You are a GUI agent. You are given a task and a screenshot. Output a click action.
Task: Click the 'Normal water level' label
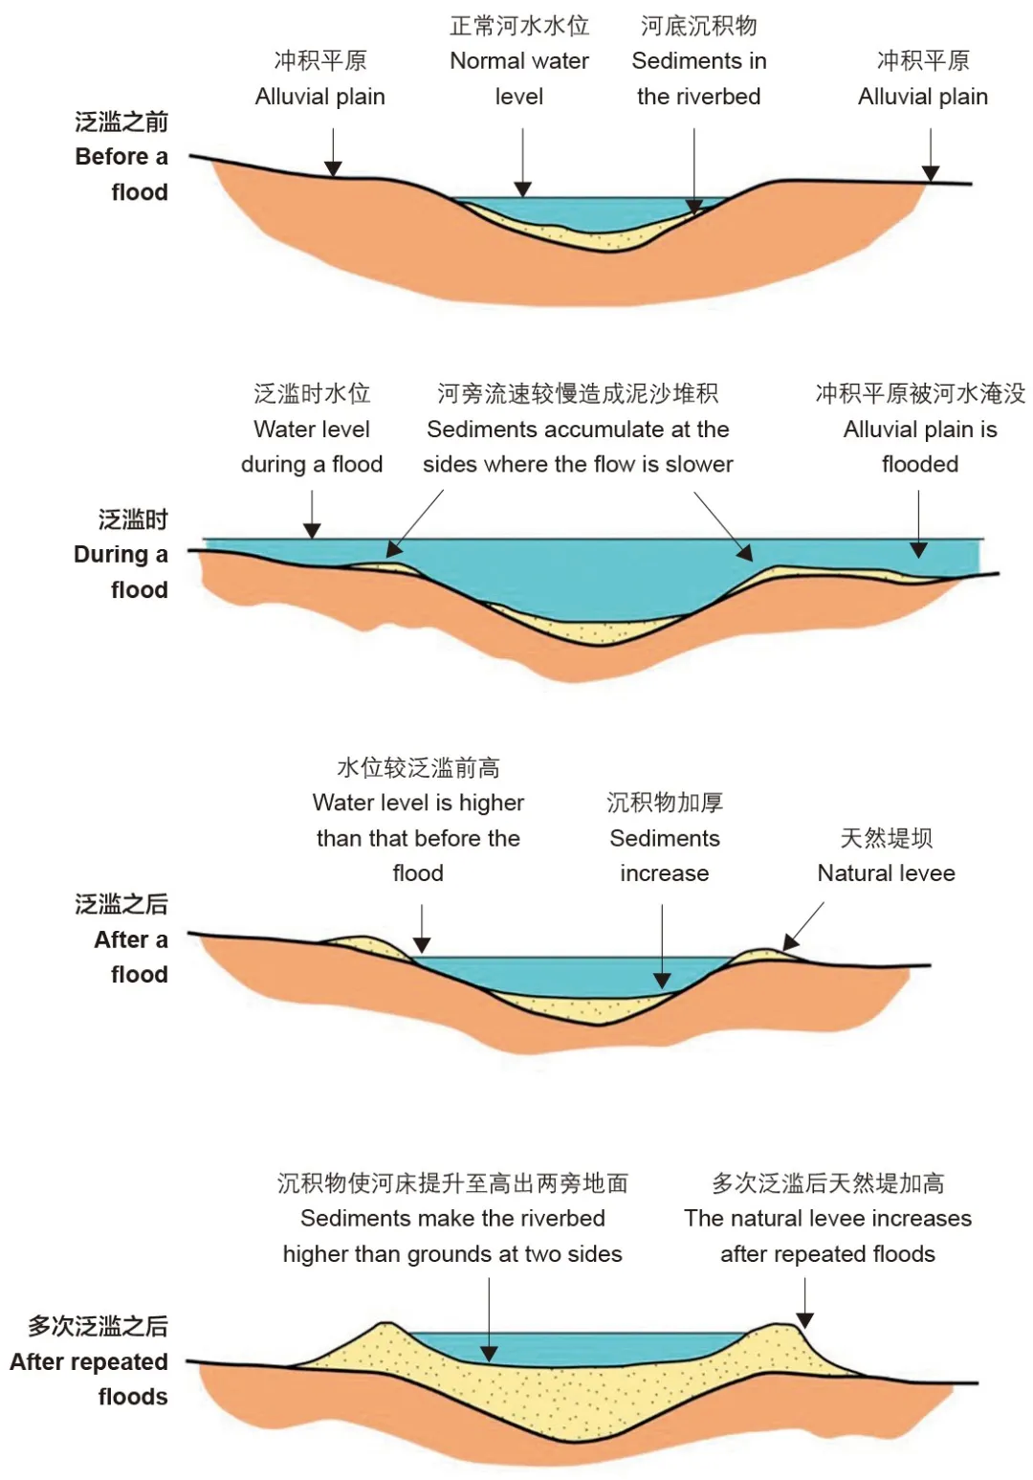coord(519,78)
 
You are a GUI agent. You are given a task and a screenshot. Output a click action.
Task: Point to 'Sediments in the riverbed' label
coord(698,78)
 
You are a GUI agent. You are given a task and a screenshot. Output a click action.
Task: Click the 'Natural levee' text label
coord(886,873)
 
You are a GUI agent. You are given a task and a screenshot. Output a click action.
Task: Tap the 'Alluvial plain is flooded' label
coord(920,446)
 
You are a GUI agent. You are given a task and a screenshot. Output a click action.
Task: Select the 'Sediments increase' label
coord(664,855)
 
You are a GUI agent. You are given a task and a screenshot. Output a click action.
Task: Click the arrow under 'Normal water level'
coord(522,163)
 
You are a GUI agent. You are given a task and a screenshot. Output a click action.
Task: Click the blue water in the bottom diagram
coord(574,1346)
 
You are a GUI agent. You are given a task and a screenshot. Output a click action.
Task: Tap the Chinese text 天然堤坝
coord(886,838)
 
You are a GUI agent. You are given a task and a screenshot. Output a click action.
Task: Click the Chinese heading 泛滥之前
coord(121,121)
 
